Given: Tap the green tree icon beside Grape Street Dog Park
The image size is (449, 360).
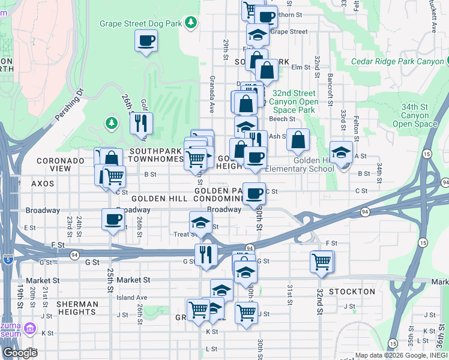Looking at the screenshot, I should (191, 23).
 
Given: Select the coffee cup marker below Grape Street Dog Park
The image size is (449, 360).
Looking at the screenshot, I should (146, 41).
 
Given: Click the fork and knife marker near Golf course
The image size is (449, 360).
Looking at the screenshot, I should (141, 124).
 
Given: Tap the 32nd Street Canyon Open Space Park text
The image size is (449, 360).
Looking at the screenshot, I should (294, 101).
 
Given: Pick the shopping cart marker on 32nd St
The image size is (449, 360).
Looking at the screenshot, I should (322, 262).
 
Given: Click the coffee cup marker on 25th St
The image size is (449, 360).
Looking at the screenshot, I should (113, 220).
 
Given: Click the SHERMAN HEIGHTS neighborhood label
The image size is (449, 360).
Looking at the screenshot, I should (77, 308).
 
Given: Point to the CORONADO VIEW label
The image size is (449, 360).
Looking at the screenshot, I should (61, 165).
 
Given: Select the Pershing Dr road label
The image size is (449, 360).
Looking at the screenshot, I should (71, 103).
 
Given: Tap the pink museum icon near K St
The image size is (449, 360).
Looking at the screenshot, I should (29, 329).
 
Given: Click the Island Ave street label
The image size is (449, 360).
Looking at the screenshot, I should (131, 297).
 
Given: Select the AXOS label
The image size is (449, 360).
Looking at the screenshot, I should (43, 184).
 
